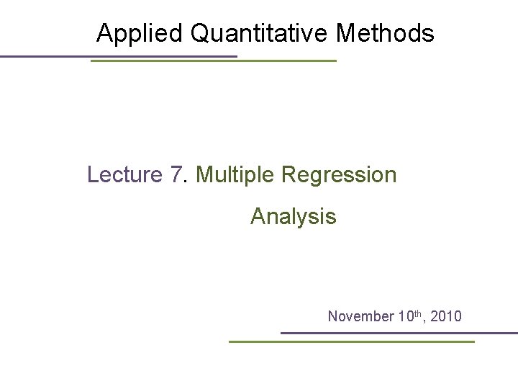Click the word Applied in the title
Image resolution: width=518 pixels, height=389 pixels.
[140, 34]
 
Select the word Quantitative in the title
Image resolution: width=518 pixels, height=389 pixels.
[259, 33]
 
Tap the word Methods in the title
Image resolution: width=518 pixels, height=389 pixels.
[385, 32]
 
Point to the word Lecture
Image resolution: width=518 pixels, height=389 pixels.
[125, 174]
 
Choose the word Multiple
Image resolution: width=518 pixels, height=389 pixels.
[235, 175]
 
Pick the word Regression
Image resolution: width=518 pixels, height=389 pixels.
[339, 175]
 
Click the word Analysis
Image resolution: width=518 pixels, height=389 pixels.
[294, 217]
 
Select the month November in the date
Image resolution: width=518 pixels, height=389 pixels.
[360, 316]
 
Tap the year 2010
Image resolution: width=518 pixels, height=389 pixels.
[446, 316]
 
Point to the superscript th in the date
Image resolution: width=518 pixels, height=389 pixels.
[418, 313]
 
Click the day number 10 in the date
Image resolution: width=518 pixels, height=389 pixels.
[406, 316]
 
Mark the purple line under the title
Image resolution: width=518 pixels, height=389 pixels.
[119, 57]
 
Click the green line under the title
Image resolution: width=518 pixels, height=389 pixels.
[214, 61]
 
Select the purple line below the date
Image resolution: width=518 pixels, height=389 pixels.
[399, 333]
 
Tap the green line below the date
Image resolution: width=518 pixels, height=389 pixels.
[352, 341]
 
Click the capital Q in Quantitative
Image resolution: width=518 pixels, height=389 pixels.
[201, 33]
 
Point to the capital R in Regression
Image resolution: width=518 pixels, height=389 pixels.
[289, 174]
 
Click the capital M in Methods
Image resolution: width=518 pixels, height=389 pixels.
[345, 32]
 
